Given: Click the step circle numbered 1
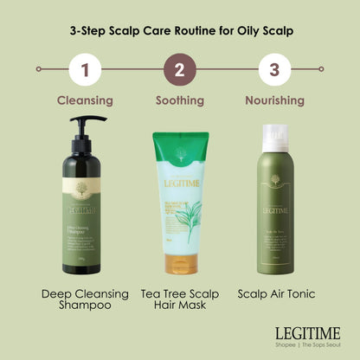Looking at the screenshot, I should pos(85,68).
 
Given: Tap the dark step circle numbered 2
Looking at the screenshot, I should pos(180,68).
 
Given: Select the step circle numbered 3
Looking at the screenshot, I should pos(274,68).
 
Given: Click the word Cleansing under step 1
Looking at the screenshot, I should pos(85,100).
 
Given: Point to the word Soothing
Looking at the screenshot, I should pos(180,100).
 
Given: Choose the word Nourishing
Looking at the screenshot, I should pos(274,100).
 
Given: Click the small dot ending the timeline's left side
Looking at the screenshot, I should pos(38,68).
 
